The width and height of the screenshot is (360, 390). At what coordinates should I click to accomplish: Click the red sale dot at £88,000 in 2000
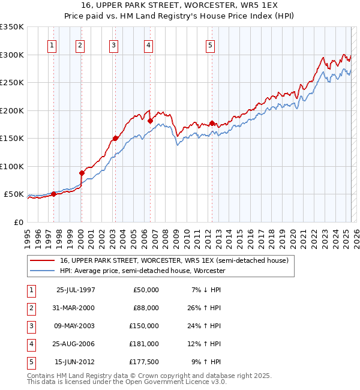click(x=82, y=173)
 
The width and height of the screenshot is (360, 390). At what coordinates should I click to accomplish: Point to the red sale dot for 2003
click(x=115, y=139)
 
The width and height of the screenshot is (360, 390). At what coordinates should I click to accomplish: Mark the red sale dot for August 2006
click(x=150, y=121)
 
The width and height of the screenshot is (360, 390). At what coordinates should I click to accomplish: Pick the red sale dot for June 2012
click(x=212, y=123)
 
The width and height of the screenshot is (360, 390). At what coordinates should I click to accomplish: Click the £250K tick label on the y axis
click(x=12, y=82)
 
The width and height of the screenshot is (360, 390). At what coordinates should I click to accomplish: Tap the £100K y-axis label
click(x=12, y=166)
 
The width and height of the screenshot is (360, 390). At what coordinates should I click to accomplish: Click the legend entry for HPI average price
click(x=142, y=271)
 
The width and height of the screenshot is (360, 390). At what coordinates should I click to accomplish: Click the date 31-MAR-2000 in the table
click(x=75, y=308)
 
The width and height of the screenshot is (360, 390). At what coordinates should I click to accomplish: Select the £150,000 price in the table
click(x=144, y=326)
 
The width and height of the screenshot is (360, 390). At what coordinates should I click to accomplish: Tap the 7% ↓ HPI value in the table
click(x=205, y=290)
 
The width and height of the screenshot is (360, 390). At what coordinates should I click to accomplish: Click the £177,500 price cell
click(x=144, y=362)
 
